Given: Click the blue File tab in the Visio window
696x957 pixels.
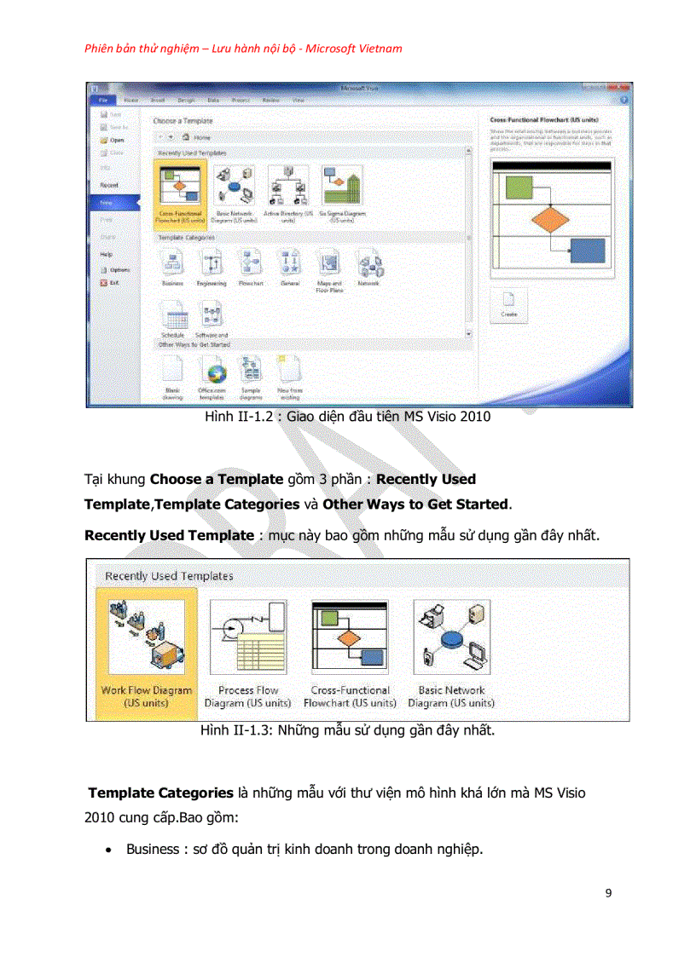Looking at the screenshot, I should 101,100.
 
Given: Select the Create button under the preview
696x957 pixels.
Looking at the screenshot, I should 508,304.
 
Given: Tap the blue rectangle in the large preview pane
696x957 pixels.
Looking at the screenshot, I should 587,251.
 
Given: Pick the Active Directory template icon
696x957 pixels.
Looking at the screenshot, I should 288,185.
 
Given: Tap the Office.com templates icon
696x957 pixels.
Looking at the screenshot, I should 212,371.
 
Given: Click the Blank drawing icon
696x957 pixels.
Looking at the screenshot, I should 172,371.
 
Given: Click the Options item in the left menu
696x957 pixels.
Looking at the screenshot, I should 118,269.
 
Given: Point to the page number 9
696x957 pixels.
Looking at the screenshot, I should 608,893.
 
